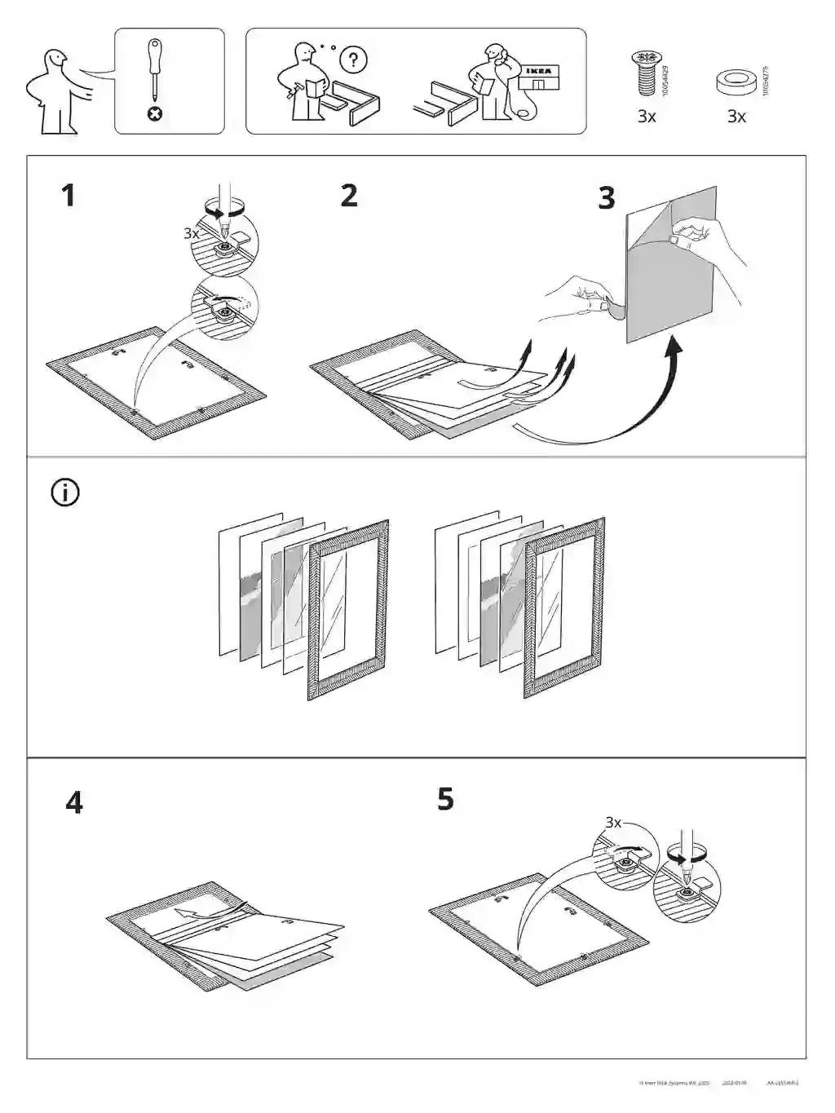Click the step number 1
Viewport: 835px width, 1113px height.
[68, 196]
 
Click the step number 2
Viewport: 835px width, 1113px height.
[349, 196]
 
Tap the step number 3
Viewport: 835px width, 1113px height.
[606, 198]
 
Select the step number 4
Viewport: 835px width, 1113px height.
[74, 803]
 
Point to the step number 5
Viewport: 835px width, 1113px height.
[445, 799]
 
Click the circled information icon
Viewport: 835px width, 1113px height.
[65, 492]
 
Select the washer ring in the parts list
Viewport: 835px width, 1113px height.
[736, 82]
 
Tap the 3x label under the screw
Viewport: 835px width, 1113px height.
[647, 117]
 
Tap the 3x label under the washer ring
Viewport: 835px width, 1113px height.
[736, 117]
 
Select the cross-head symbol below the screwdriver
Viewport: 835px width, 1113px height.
[154, 113]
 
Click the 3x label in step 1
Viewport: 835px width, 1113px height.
[191, 233]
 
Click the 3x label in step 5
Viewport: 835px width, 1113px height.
[613, 823]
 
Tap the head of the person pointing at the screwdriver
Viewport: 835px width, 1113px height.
[55, 62]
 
